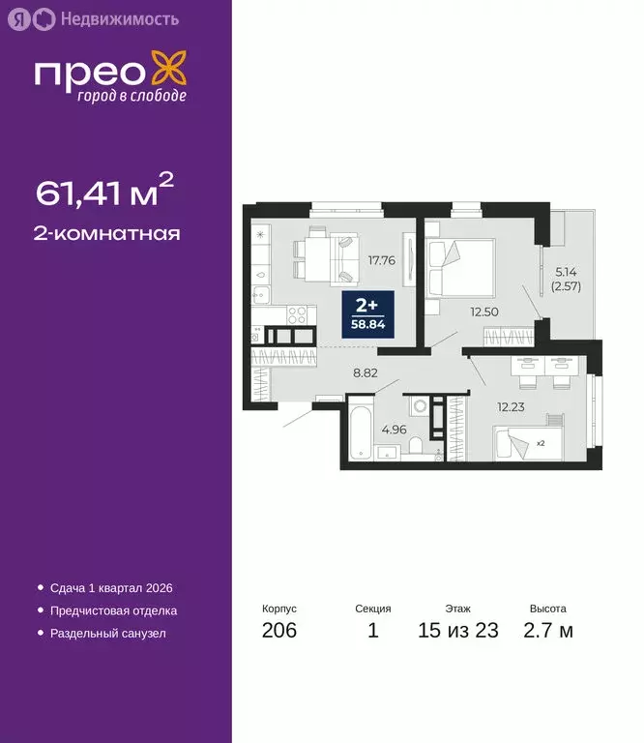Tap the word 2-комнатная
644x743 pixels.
pyautogui.click(x=108, y=233)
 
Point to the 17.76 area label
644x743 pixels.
pyautogui.click(x=381, y=259)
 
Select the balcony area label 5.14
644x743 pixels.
pyautogui.click(x=565, y=274)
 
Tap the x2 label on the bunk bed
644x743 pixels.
pyautogui.click(x=540, y=444)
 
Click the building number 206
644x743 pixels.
pyautogui.click(x=279, y=632)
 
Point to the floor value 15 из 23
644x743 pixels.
pyautogui.click(x=458, y=632)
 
